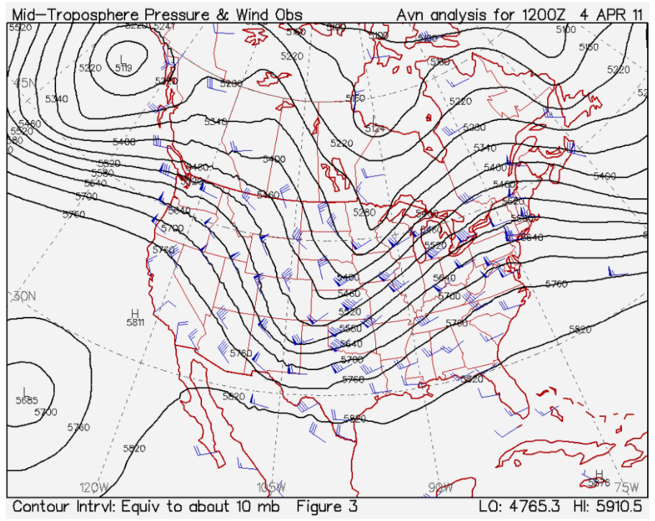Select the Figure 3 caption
click(x=326, y=507)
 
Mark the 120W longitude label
click(x=93, y=487)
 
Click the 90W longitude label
click(x=441, y=487)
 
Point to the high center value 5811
click(x=134, y=322)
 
